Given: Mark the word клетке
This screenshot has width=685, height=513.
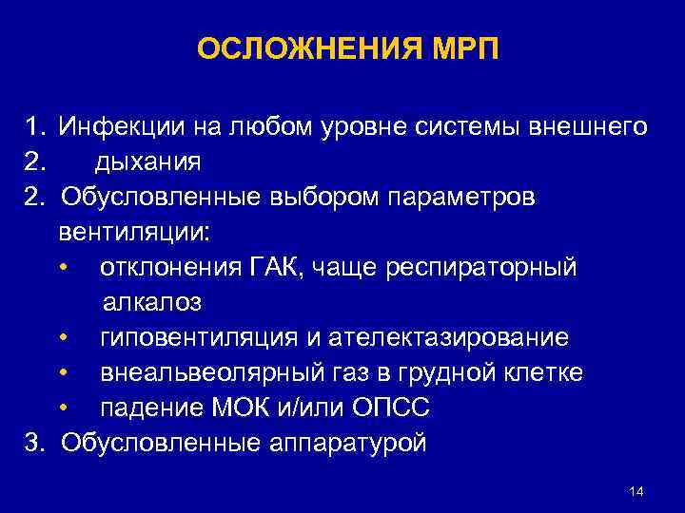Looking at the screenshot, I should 540,372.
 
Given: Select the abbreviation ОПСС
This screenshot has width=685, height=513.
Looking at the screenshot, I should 393,408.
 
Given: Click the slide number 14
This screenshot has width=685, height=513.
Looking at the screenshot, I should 636,491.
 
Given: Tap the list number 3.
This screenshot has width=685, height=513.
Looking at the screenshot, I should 33,443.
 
